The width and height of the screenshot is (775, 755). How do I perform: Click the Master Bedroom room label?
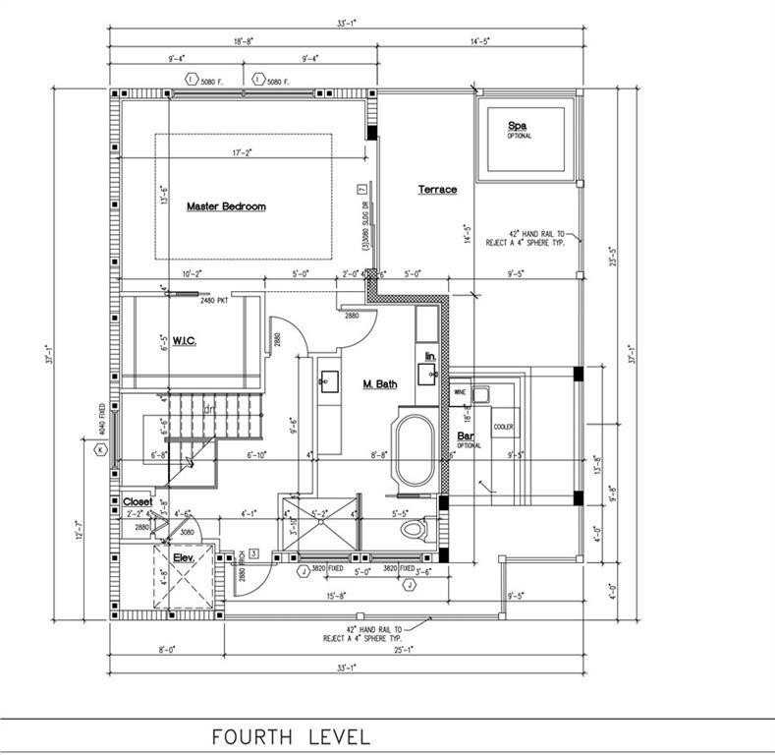226,206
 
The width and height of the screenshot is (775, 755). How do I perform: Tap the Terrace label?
437,189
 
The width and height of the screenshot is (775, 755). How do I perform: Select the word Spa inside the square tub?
518,126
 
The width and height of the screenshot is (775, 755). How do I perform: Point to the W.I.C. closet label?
187,341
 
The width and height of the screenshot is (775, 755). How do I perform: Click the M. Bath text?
379,383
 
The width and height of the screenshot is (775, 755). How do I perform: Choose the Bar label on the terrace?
465,435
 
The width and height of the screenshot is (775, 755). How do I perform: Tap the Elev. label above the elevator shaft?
186,557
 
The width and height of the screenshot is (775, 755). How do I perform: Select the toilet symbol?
415,532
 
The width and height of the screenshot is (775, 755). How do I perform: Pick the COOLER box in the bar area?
504,427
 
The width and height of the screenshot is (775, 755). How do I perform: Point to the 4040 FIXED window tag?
102,417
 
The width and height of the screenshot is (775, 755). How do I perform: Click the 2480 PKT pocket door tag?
214,300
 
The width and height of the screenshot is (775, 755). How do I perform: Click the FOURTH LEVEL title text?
292,735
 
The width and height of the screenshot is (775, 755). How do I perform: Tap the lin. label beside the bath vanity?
430,354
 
